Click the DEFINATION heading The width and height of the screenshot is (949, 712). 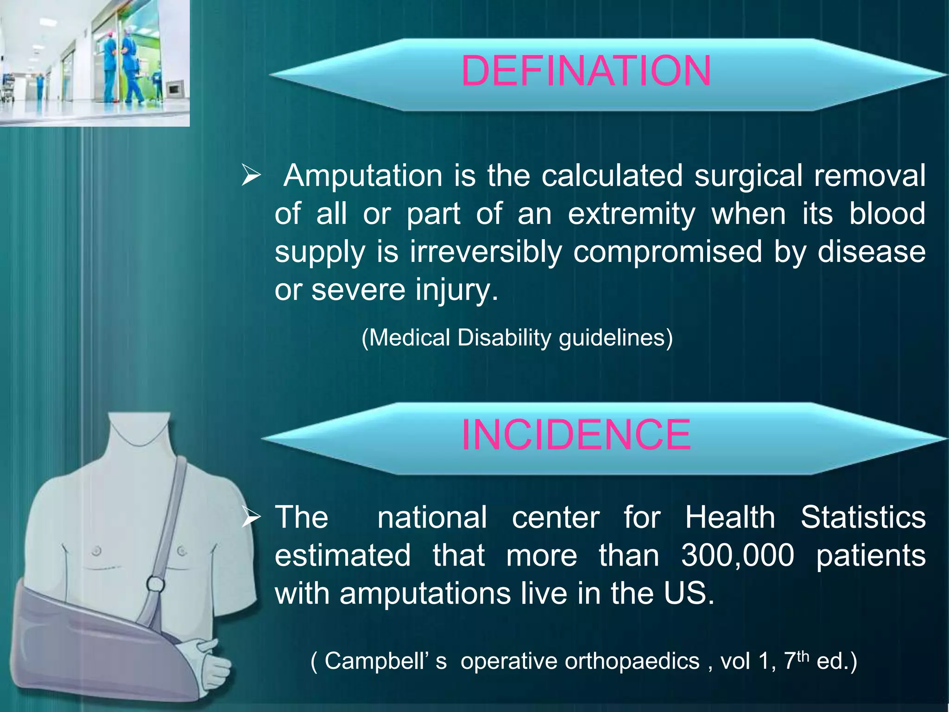[586, 71]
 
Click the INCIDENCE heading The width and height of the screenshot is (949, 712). [576, 434]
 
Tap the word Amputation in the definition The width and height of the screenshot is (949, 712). [363, 176]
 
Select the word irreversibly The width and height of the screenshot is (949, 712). [486, 252]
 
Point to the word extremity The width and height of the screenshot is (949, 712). [631, 214]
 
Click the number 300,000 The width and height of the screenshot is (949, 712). [737, 555]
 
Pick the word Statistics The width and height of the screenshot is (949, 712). [863, 517]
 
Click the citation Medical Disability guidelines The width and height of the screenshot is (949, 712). [517, 337]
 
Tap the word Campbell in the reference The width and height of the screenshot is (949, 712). [376, 661]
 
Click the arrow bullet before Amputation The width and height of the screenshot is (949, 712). [251, 176]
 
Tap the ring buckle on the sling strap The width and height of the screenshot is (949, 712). [155, 584]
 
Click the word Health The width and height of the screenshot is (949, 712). [730, 517]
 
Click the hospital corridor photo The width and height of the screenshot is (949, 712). [95, 63]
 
